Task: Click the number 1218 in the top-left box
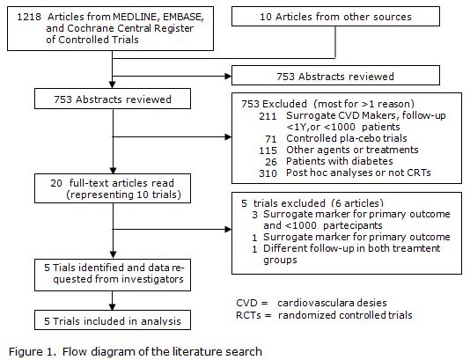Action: pyautogui.click(x=29, y=17)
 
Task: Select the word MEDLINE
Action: pyautogui.click(x=136, y=17)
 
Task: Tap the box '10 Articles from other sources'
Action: pyautogui.click(x=335, y=17)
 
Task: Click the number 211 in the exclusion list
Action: pyautogui.click(x=268, y=116)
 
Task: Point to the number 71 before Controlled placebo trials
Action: pyautogui.click(x=271, y=139)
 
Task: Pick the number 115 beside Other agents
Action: pyautogui.click(x=268, y=151)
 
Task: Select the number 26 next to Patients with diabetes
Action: pyautogui.click(x=271, y=162)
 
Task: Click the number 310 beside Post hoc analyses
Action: pyautogui.click(x=268, y=173)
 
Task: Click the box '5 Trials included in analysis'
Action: pyautogui.click(x=113, y=320)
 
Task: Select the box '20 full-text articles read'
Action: pyautogui.click(x=113, y=188)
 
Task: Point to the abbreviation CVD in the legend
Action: pyautogui.click(x=246, y=303)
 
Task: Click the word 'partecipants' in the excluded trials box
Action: pyautogui.click(x=353, y=225)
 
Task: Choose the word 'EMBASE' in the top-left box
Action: pyautogui.click(x=183, y=17)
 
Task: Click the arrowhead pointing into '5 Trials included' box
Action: pyautogui.click(x=112, y=306)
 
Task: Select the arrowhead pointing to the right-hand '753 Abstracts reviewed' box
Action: pyautogui.click(x=228, y=76)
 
